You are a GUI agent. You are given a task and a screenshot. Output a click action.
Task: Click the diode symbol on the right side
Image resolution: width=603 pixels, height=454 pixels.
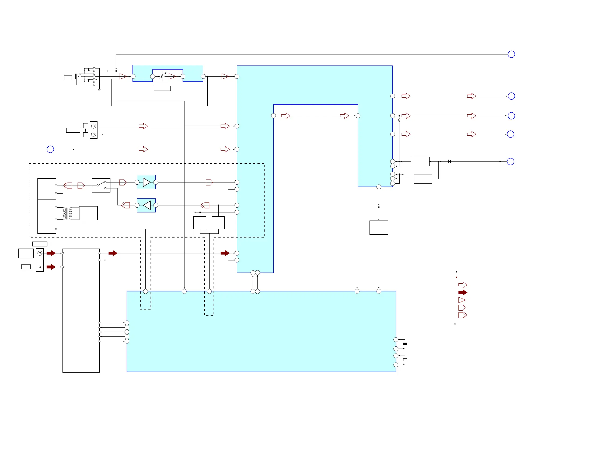449,162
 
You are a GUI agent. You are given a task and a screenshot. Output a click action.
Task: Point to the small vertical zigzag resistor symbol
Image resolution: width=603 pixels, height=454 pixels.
399,120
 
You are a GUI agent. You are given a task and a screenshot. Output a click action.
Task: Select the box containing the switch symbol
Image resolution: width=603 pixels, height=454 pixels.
101,185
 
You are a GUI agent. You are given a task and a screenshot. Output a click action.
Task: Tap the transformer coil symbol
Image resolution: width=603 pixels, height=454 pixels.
67,213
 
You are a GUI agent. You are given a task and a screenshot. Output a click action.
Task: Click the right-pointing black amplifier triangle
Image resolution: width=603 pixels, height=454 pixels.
147,182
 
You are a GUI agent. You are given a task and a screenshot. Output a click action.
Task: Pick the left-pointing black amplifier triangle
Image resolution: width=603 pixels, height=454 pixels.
147,205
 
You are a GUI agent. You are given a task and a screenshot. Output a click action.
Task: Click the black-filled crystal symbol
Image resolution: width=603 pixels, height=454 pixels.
405,344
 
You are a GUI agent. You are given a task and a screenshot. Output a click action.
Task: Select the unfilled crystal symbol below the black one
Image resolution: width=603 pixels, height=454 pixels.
405,360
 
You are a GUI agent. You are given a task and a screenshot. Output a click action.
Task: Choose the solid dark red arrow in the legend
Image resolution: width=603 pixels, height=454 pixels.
463,293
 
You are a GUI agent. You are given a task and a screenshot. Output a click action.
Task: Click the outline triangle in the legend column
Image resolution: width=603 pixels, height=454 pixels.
462,300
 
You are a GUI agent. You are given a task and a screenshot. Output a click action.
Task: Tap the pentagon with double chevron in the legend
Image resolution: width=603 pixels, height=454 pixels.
463,315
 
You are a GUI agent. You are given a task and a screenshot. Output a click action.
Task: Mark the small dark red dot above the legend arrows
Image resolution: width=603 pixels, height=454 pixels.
456,277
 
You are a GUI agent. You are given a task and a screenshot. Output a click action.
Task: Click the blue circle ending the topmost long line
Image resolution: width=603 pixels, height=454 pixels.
511,54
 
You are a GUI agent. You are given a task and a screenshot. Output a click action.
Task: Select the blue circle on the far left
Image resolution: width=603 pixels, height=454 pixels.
50,149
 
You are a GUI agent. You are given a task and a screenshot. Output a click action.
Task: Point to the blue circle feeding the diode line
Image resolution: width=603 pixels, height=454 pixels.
511,162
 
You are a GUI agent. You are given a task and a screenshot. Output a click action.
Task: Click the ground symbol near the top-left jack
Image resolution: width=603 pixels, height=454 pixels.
99,90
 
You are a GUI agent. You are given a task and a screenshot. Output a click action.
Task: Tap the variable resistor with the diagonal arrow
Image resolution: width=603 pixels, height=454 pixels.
162,76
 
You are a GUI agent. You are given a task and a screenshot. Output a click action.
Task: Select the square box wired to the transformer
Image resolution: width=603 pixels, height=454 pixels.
88,213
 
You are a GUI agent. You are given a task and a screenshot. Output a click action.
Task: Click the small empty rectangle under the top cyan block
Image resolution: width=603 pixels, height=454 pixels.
162,88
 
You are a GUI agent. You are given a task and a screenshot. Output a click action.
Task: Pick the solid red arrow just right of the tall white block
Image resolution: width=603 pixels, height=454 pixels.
113,253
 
